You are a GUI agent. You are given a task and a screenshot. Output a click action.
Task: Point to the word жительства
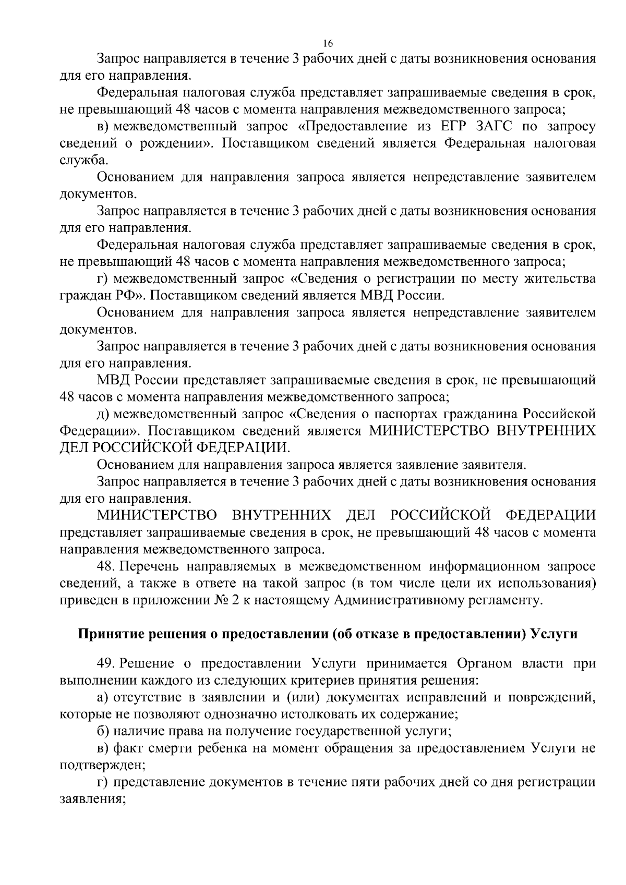[556, 279]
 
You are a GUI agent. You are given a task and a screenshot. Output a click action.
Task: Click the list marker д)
[102, 415]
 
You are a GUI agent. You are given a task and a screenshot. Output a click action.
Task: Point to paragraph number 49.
[106, 664]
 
